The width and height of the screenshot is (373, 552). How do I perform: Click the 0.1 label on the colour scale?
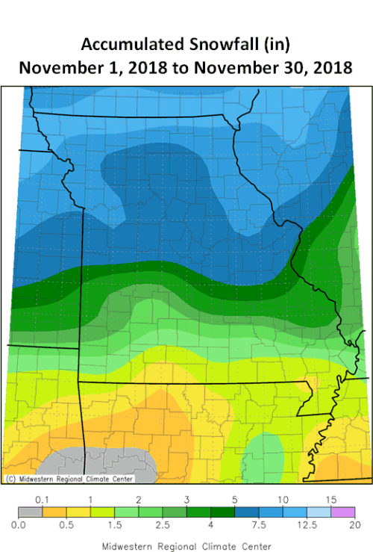coord(43,499)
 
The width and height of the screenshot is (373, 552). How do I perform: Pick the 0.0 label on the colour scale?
coord(19,526)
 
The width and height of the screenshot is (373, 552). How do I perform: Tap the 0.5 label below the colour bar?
coord(66,526)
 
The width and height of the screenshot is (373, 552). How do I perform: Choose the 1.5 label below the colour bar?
coord(114,526)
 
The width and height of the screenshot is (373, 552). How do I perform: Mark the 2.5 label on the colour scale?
coord(162,526)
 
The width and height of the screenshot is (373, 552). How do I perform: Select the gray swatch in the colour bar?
coord(31,512)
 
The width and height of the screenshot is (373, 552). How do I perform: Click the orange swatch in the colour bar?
coord(54,512)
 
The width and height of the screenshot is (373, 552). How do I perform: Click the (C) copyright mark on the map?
coord(10,478)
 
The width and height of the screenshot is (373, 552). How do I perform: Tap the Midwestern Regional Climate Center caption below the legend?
coord(186,545)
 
